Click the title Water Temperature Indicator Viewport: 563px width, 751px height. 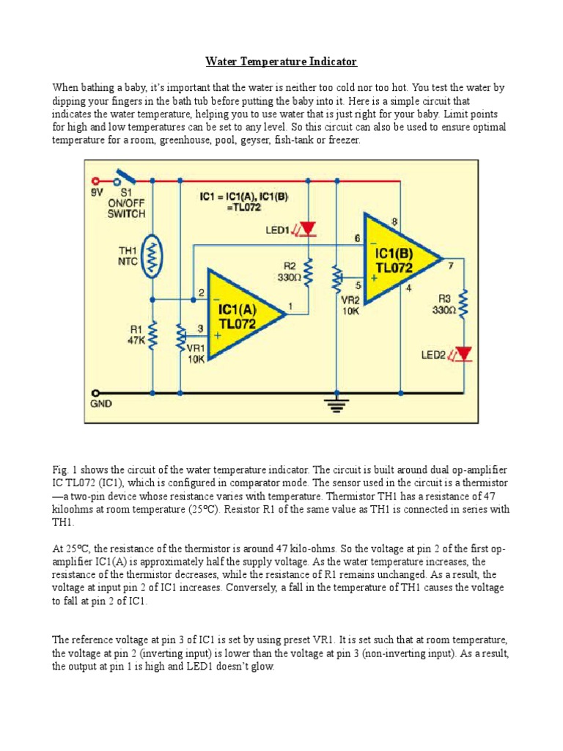click(x=281, y=62)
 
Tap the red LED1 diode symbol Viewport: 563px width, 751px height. click(x=309, y=230)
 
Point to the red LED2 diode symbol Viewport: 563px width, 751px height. click(x=463, y=354)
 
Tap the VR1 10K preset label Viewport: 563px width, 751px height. click(x=196, y=353)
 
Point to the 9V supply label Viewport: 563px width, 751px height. click(x=95, y=193)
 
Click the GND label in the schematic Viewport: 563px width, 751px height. click(x=101, y=403)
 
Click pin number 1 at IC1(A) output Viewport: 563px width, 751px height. click(x=292, y=305)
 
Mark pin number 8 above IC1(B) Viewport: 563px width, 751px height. click(x=394, y=221)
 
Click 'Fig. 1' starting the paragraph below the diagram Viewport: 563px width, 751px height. click(x=62, y=469)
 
